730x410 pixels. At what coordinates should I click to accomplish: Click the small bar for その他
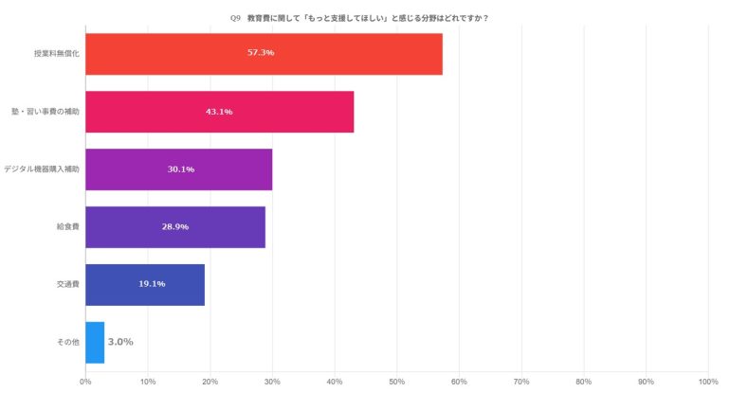pyautogui.click(x=95, y=342)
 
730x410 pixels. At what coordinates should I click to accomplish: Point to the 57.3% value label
pyautogui.click(x=261, y=53)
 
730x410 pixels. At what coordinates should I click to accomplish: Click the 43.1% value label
pyautogui.click(x=219, y=112)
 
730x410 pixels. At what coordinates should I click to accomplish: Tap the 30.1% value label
pyautogui.click(x=181, y=169)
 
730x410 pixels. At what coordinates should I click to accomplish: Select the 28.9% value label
pyautogui.click(x=175, y=227)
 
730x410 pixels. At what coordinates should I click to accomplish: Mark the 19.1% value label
pyautogui.click(x=153, y=285)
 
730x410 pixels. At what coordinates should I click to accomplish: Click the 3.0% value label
pyautogui.click(x=120, y=342)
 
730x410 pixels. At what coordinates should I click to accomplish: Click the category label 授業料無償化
pyautogui.click(x=56, y=54)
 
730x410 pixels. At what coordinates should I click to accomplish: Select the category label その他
pyautogui.click(x=69, y=342)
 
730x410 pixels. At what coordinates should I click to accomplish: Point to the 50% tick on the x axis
pyautogui.click(x=397, y=383)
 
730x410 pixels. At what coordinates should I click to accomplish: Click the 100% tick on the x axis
pyautogui.click(x=707, y=383)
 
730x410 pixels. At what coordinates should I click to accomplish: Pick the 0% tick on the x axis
pyautogui.click(x=85, y=383)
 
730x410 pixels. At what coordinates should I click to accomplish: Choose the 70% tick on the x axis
pyautogui.click(x=521, y=383)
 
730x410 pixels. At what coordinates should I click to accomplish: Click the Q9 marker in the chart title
pyautogui.click(x=236, y=17)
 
